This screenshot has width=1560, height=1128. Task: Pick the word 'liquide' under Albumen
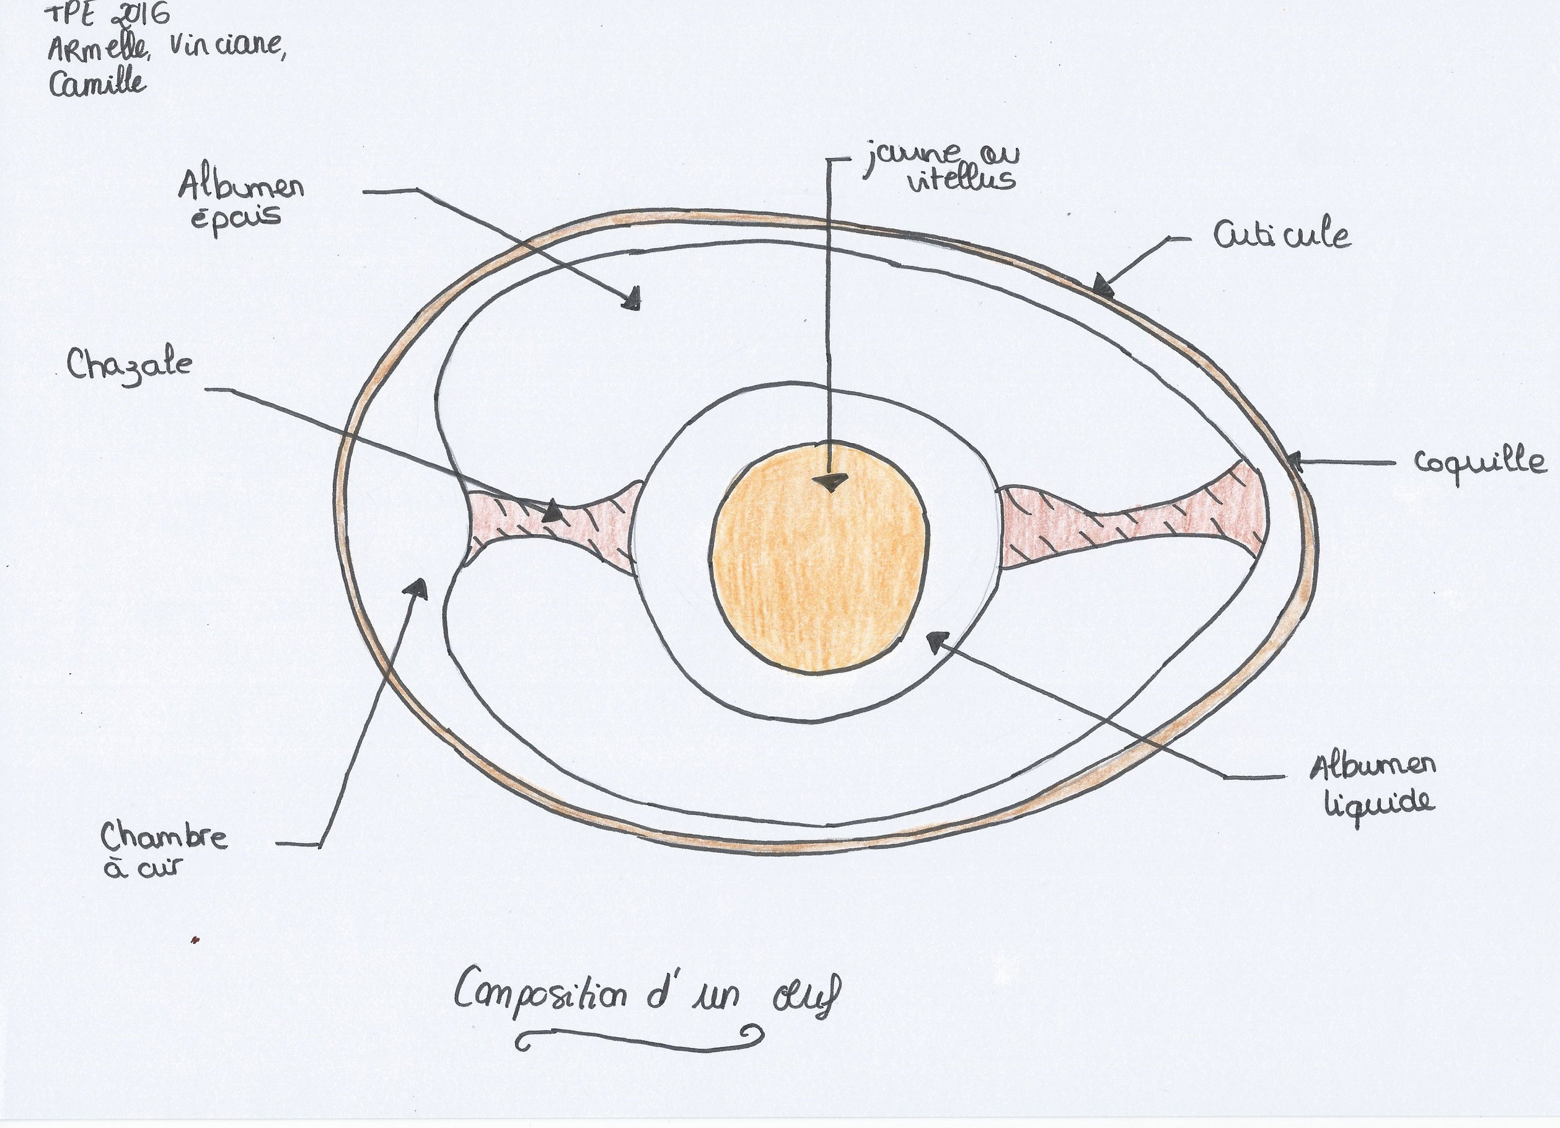click(1378, 803)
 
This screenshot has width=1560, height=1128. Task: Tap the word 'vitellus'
click(961, 180)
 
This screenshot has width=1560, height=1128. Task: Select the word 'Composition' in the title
click(540, 996)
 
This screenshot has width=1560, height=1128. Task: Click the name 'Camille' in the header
click(98, 82)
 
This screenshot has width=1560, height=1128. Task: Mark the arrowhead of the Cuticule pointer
click(1103, 284)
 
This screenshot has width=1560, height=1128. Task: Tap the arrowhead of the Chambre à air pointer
click(416, 588)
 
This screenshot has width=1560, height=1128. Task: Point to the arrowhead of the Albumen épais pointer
click(632, 300)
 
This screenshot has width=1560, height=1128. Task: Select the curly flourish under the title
click(640, 1039)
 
